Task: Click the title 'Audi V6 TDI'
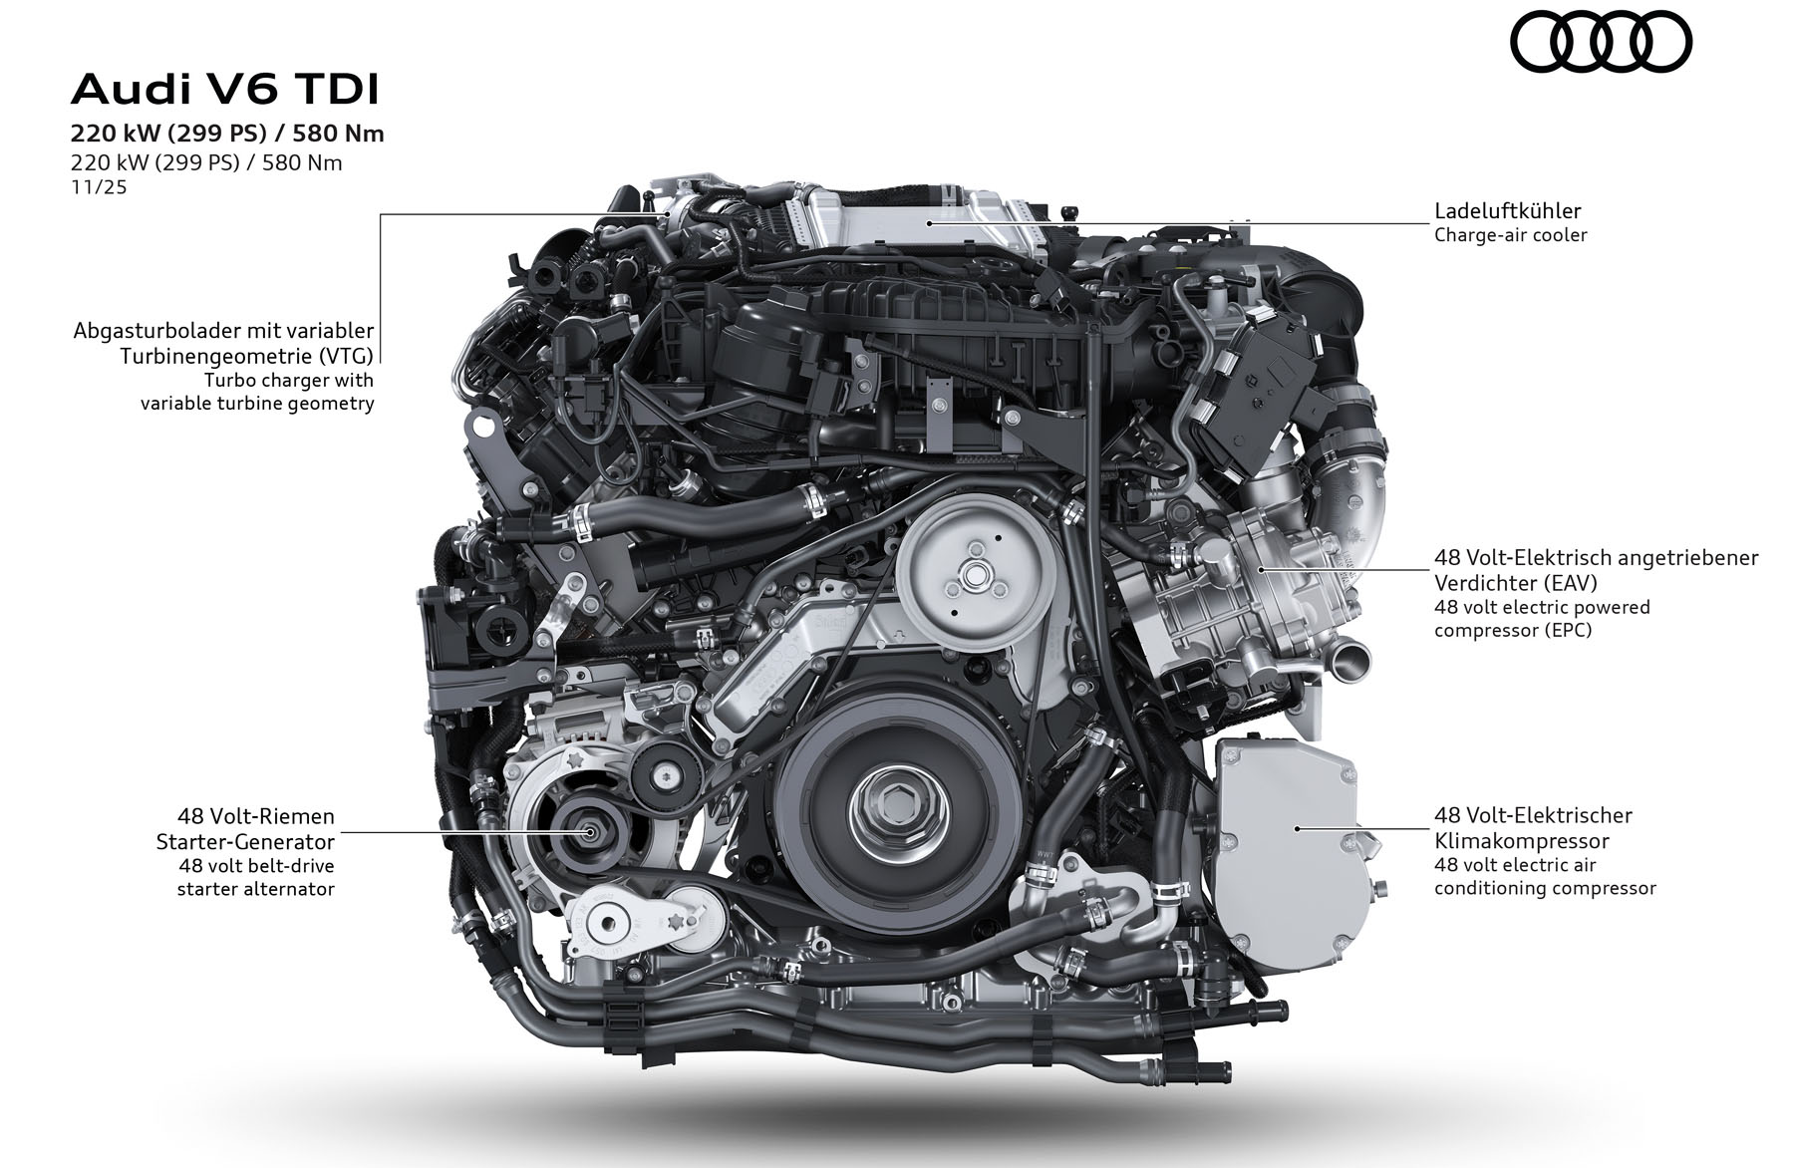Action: (225, 90)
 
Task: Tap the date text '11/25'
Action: (99, 186)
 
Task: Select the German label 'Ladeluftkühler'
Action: (1508, 210)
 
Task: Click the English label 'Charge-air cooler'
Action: (1511, 235)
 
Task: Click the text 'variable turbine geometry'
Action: (257, 404)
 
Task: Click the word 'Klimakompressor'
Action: (1522, 841)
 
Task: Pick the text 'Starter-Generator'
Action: (245, 841)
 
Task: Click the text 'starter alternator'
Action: (256, 889)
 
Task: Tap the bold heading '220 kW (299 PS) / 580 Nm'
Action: (227, 134)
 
